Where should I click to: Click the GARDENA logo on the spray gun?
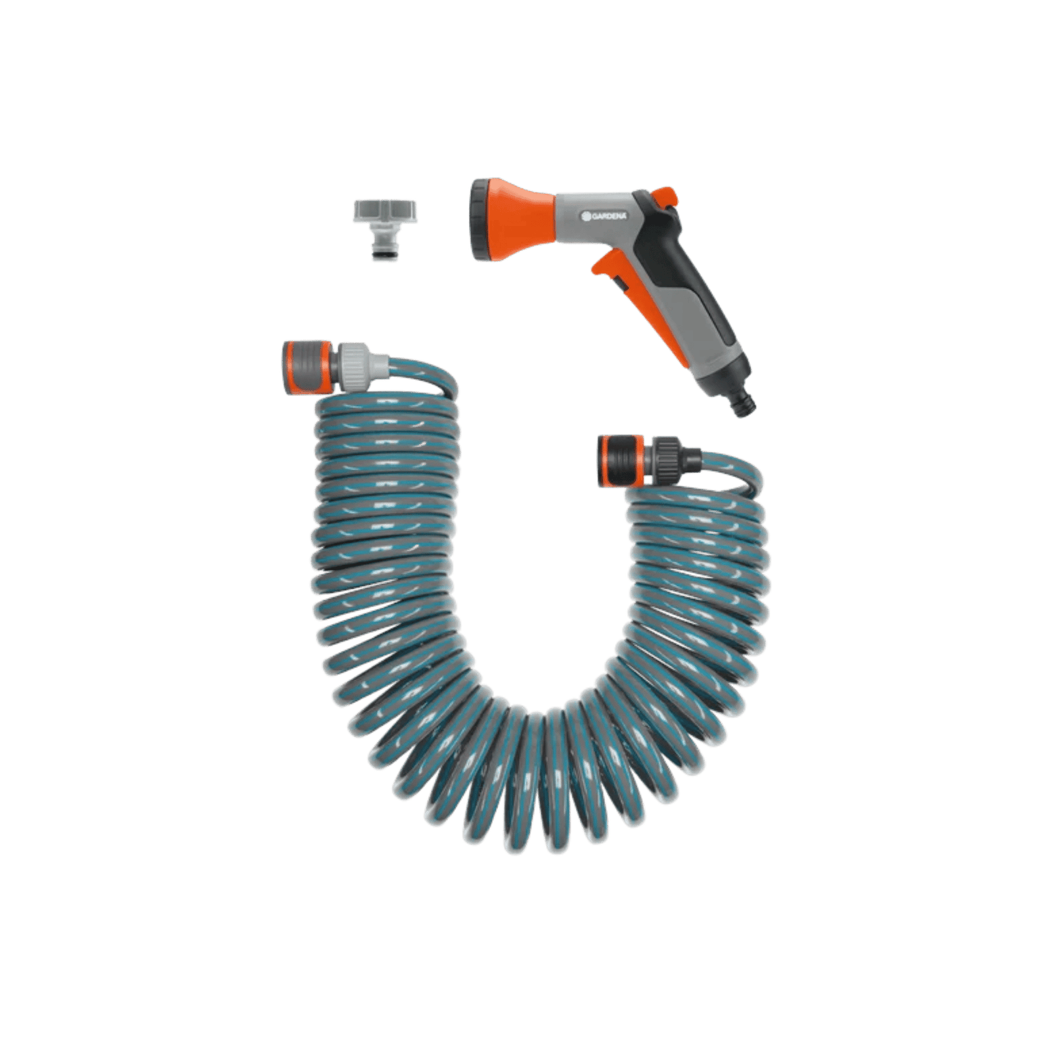point(604,216)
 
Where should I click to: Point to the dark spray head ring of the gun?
point(480,220)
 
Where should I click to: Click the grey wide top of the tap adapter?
point(385,211)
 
